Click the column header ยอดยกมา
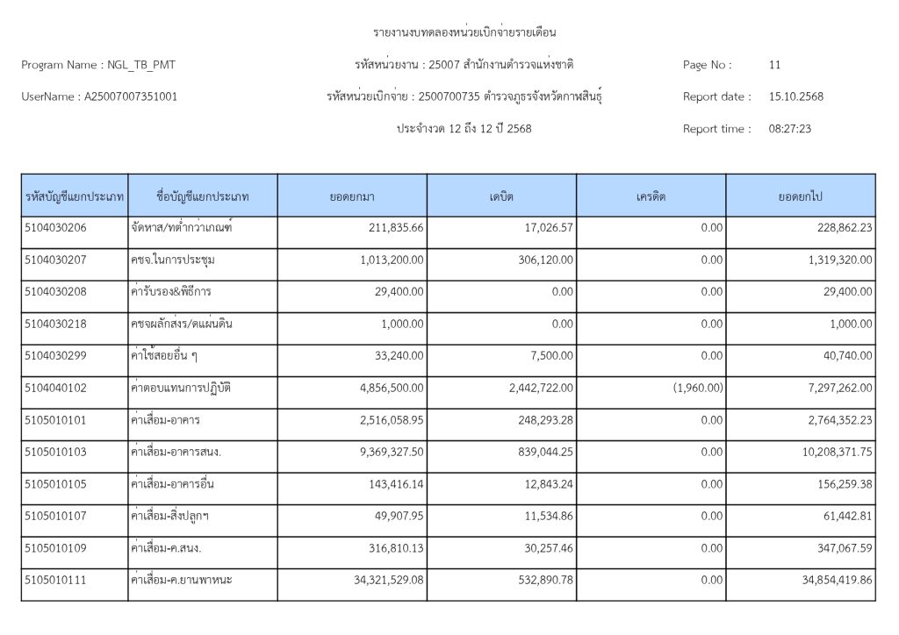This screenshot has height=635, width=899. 352,196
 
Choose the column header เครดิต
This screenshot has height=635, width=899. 651,196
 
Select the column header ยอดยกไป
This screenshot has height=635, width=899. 800,196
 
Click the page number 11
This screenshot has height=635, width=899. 774,65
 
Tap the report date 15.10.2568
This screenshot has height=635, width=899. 795,96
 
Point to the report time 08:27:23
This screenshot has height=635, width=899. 789,129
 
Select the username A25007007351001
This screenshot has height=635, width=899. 131,96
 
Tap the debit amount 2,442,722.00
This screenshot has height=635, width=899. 536,388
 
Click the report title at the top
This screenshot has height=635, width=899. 465,33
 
